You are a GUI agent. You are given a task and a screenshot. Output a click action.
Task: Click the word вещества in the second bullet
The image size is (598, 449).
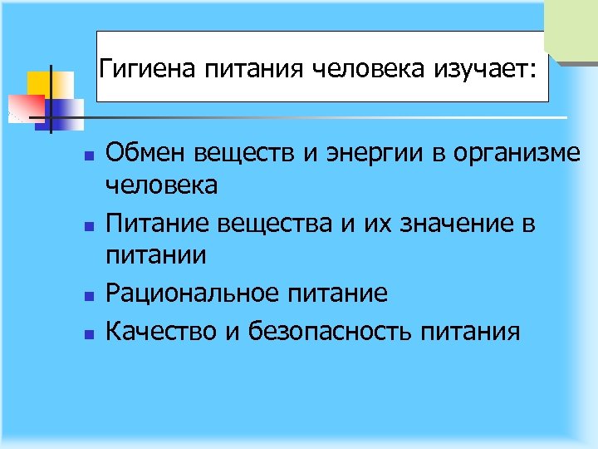(271, 224)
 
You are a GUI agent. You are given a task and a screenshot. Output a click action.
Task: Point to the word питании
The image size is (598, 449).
(155, 256)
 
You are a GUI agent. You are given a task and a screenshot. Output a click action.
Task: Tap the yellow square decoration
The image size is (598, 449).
(40, 83)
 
